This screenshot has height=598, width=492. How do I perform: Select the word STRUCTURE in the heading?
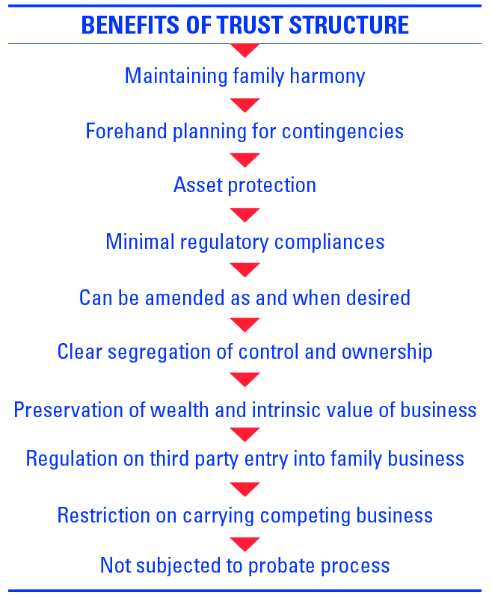tap(348, 25)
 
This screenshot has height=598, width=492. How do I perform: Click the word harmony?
tap(328, 76)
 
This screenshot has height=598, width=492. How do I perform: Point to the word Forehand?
tap(126, 132)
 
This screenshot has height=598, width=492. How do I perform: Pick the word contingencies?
tap(342, 132)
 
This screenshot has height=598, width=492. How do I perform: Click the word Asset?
tap(198, 185)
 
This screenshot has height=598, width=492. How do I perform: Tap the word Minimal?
tap(140, 241)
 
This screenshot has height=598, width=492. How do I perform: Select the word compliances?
tap(329, 242)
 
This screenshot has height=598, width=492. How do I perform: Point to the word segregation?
tap(159, 352)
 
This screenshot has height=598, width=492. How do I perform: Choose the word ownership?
tap(387, 352)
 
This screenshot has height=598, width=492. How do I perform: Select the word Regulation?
tap(72, 458)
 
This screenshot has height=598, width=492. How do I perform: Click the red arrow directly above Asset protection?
tap(245, 160)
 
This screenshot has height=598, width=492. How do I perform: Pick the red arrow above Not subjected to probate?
tap(245, 544)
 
